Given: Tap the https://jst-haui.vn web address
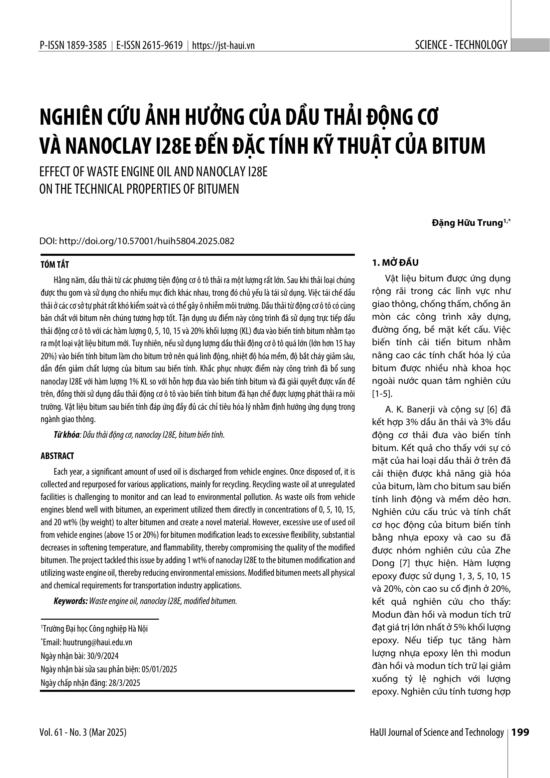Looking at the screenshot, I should coord(223,46).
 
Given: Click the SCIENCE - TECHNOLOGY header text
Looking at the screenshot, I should coord(461,45).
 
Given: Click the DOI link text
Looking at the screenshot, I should coord(147,241).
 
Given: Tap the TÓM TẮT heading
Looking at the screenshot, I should coord(55,265).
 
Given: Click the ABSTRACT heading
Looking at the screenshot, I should coord(57,456).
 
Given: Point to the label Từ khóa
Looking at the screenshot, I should coord(67,435).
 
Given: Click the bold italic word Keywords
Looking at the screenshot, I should coord(70,601).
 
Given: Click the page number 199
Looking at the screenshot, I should coord(520,732).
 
